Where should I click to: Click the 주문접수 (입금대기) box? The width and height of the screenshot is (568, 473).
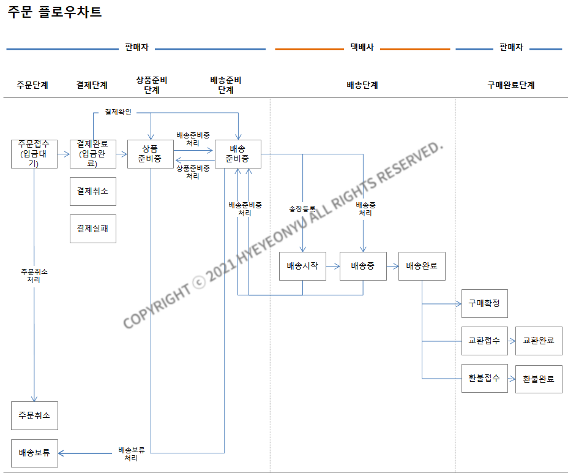pyautogui.click(x=34, y=154)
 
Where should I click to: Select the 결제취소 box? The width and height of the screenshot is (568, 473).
pyautogui.click(x=92, y=191)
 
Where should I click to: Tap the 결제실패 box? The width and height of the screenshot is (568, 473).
pyautogui.click(x=92, y=229)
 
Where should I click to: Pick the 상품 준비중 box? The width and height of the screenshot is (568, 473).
pyautogui.click(x=151, y=154)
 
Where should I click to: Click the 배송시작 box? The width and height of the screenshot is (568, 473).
pyautogui.click(x=302, y=267)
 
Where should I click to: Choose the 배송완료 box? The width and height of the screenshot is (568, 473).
pyautogui.click(x=422, y=267)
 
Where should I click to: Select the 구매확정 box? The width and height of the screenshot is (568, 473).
pyautogui.click(x=484, y=303)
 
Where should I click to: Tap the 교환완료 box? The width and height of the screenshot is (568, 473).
pyautogui.click(x=539, y=341)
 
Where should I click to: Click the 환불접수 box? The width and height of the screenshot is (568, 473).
pyautogui.click(x=484, y=379)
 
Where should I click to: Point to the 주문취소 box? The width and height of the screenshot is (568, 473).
pyautogui.click(x=34, y=416)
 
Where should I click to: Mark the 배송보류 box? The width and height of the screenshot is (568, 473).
pyautogui.click(x=34, y=453)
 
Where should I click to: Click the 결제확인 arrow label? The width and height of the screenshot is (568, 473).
pyautogui.click(x=118, y=112)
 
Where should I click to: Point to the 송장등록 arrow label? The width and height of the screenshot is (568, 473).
pyautogui.click(x=302, y=209)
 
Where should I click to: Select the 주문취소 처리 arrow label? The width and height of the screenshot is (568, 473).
pyautogui.click(x=34, y=275)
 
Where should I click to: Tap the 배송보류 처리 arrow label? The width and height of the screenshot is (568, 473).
pyautogui.click(x=131, y=454)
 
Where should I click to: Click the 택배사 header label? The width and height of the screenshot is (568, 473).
pyautogui.click(x=362, y=47)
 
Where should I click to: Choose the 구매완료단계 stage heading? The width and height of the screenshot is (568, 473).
pyautogui.click(x=511, y=85)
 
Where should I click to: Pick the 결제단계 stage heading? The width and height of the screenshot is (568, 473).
pyautogui.click(x=92, y=85)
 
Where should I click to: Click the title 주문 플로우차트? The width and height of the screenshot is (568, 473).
pyautogui.click(x=54, y=12)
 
